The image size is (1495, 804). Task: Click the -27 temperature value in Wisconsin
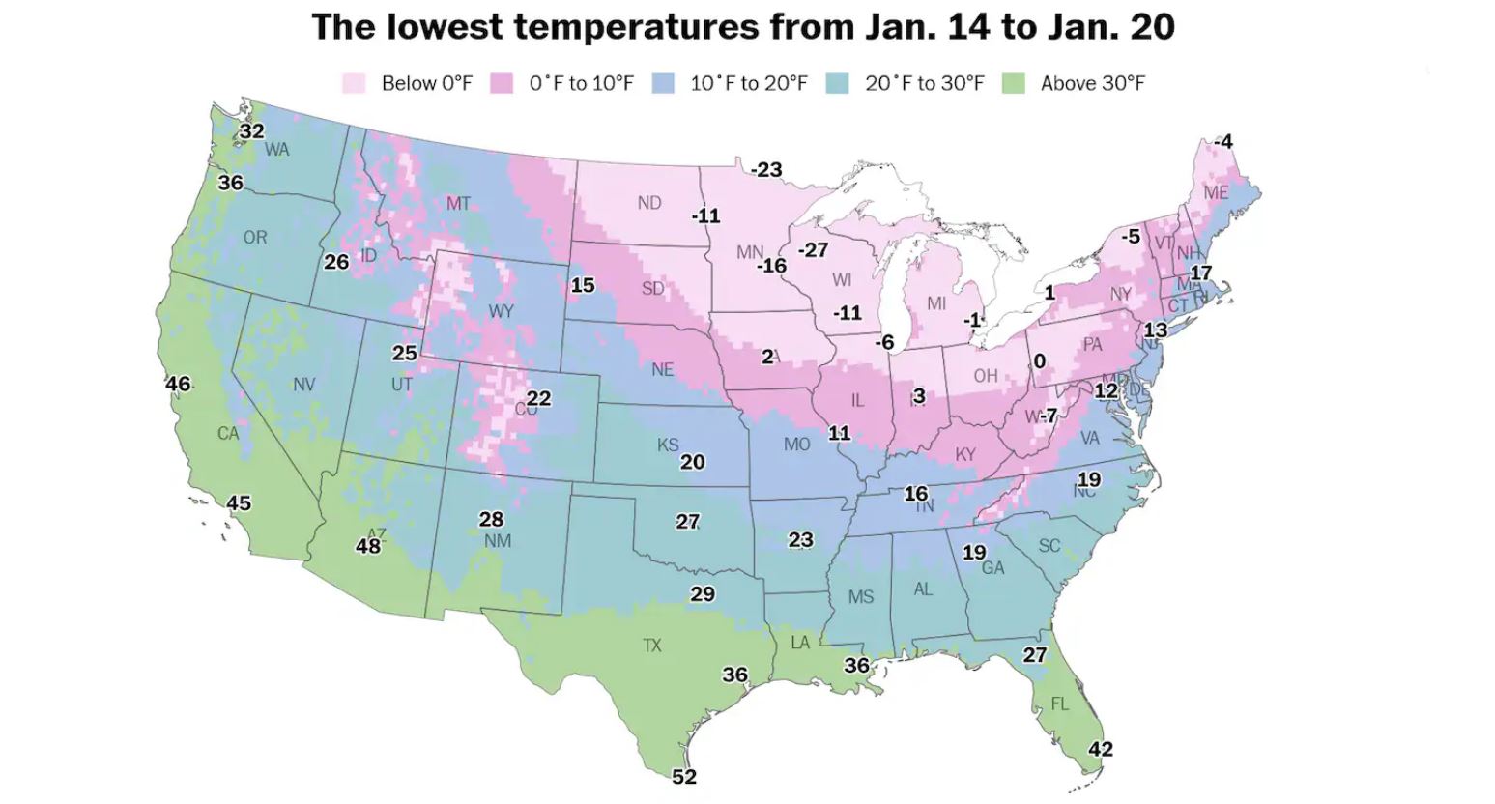click(813, 249)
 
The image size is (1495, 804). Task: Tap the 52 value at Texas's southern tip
click(683, 777)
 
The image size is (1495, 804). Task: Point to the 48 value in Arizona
click(368, 546)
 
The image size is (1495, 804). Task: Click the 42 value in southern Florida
click(1101, 749)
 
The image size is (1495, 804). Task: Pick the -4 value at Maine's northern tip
click(1222, 142)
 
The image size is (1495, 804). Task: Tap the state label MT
click(458, 204)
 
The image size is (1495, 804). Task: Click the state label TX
click(652, 645)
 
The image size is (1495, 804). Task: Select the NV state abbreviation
click(303, 385)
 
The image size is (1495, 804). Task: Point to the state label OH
click(985, 375)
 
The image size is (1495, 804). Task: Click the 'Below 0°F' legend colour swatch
click(354, 84)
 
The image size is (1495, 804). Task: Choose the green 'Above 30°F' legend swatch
click(1013, 84)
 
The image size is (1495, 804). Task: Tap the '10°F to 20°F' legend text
click(748, 84)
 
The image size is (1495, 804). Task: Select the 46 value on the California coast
click(178, 384)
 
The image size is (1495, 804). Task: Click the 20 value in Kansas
click(692, 462)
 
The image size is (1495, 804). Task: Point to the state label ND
click(649, 203)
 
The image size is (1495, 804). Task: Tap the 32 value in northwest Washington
click(252, 130)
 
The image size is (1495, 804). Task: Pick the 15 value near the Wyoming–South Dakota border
click(583, 285)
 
